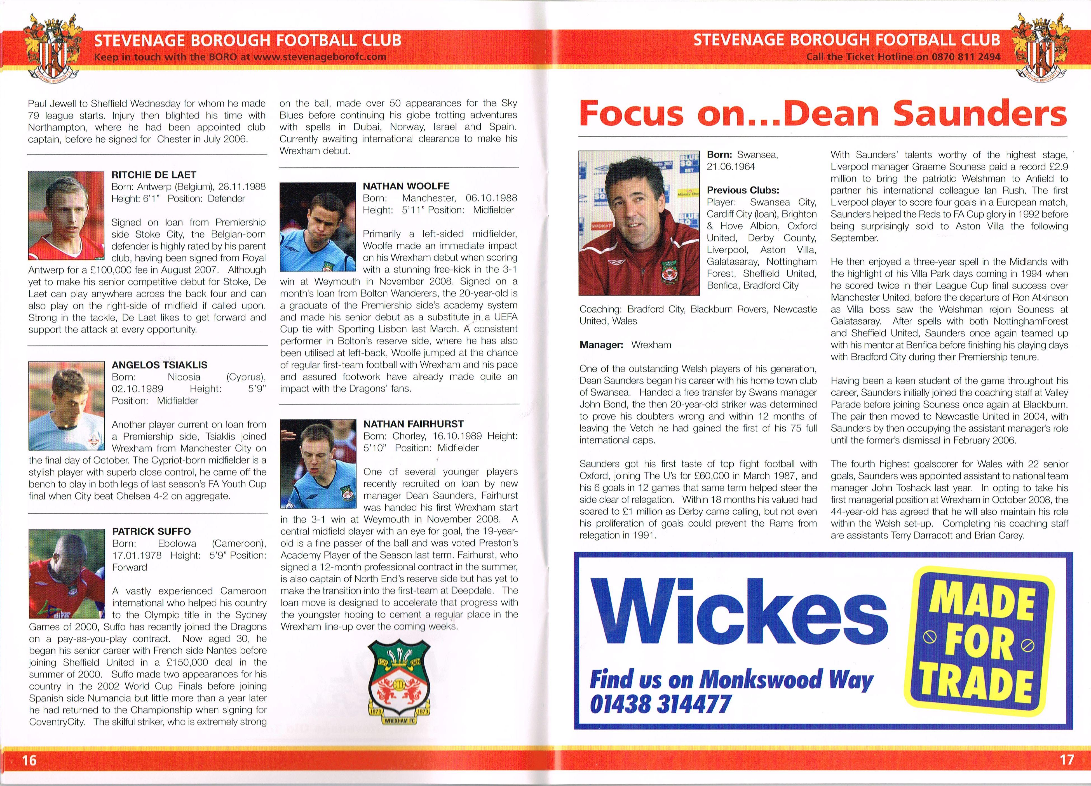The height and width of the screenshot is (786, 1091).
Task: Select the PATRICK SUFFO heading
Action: click(151, 531)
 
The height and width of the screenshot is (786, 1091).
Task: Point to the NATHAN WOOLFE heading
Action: click(406, 186)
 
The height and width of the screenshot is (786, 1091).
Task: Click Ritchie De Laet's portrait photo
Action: click(66, 216)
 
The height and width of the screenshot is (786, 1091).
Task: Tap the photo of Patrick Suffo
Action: click(66, 573)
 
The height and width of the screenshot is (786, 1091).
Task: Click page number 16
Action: click(29, 759)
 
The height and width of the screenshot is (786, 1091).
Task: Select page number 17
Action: click(1066, 759)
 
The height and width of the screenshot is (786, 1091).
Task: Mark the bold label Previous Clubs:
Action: click(743, 190)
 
